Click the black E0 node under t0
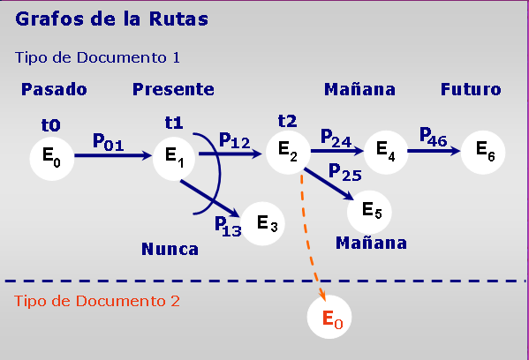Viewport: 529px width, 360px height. coord(51,159)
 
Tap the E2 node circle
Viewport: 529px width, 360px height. coord(288,153)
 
